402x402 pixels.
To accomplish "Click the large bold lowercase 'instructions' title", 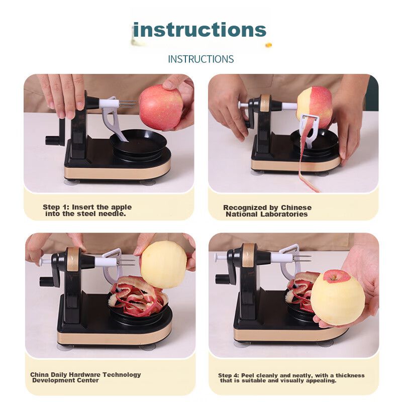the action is [x=199, y=30].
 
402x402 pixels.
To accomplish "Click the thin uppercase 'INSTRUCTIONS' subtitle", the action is [x=200, y=59].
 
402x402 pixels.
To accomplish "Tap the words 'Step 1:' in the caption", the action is [x=56, y=207].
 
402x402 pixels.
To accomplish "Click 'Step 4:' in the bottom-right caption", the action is [x=229, y=375].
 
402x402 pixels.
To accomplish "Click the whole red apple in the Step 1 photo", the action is [x=162, y=108].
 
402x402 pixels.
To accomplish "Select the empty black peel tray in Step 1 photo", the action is [x=139, y=143].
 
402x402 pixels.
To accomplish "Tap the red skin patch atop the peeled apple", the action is [x=336, y=276].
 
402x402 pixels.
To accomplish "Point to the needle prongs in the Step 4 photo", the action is [x=302, y=258].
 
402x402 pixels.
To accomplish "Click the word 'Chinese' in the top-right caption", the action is [x=296, y=208].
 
